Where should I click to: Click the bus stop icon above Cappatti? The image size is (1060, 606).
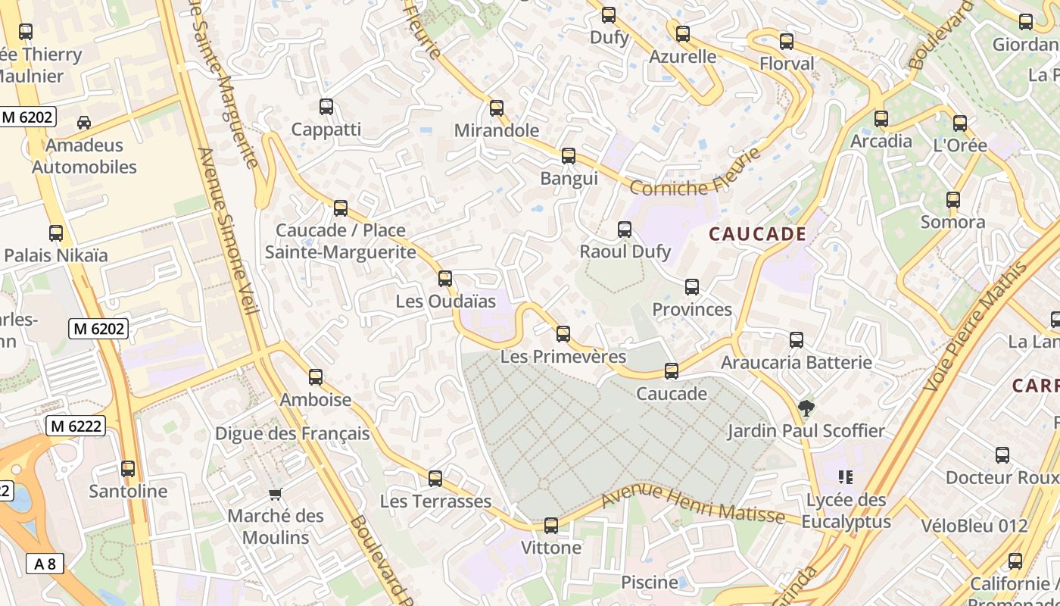[x=326, y=107]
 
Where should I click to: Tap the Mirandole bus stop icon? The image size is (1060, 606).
[x=497, y=108]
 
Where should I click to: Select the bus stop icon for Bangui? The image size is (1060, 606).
[x=569, y=157]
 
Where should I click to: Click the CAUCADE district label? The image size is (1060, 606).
[x=757, y=234]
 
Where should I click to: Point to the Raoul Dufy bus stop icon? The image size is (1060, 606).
[x=625, y=230]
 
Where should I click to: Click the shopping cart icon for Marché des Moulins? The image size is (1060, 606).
[x=276, y=495]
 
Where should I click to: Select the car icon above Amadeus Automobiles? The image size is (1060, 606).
[x=84, y=123]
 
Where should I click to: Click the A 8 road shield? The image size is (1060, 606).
[x=45, y=564]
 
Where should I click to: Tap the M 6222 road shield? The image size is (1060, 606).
[x=76, y=426]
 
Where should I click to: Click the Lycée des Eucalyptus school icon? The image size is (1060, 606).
[x=846, y=477]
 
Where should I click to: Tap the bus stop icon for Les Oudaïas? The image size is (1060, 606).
[x=445, y=279]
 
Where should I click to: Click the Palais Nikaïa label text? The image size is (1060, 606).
[x=56, y=255]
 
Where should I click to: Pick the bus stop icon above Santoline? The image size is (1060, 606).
[x=128, y=469]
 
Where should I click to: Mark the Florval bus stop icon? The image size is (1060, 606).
[x=787, y=42]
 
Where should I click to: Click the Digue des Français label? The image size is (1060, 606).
[x=292, y=433]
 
